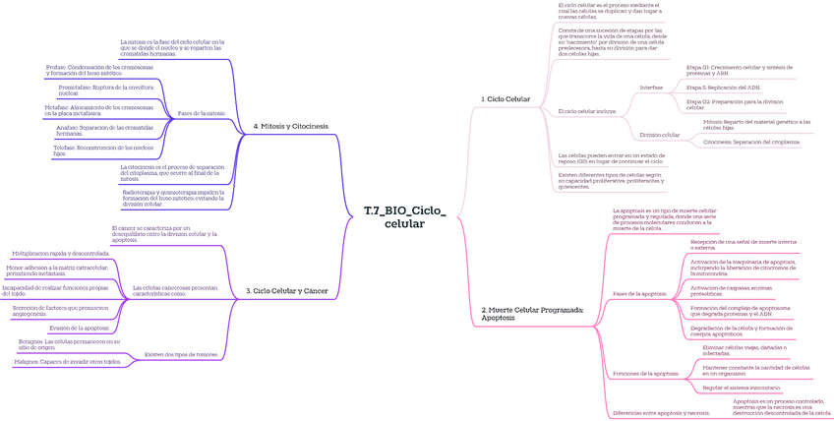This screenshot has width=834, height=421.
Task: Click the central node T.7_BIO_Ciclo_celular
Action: point(404,217)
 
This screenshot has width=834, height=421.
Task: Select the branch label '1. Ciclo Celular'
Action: point(506,99)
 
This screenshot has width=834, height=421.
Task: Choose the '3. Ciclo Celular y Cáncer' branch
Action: point(287,290)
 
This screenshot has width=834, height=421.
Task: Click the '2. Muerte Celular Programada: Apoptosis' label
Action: point(532,314)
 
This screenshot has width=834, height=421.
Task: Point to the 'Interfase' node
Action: point(651,88)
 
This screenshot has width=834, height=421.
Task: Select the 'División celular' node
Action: point(659,134)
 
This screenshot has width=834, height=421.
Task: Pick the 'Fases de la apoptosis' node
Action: point(639,294)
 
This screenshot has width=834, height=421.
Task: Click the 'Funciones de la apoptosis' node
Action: point(645,374)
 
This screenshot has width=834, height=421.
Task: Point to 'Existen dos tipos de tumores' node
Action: point(180,354)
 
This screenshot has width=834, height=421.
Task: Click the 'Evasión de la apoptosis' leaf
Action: point(79,328)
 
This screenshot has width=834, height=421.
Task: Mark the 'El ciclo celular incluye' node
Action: point(586,111)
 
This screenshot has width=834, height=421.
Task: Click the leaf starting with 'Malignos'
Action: point(68,362)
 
